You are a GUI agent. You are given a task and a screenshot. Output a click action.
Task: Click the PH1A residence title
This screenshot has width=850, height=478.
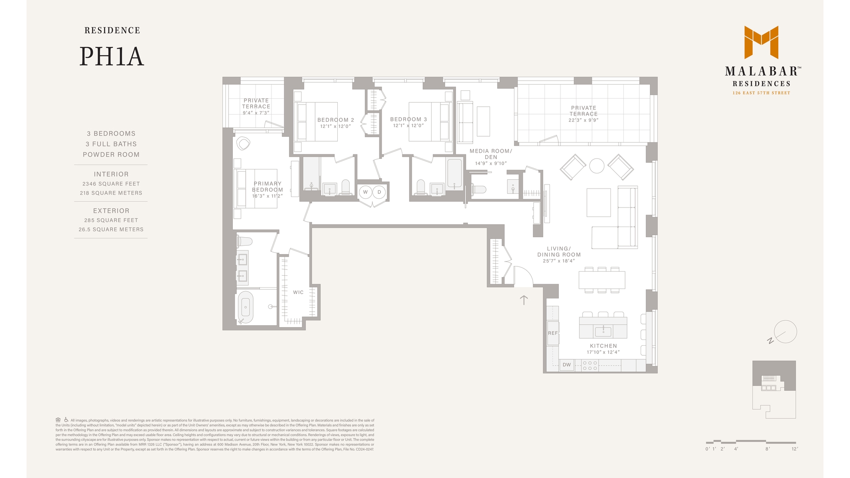coord(112,57)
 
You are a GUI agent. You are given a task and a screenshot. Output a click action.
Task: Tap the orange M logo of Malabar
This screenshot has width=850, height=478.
coord(761,42)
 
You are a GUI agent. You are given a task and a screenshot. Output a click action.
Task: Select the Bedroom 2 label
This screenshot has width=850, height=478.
coord(336,120)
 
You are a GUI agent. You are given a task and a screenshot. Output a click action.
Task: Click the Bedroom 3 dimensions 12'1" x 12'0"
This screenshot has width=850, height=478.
coord(408,126)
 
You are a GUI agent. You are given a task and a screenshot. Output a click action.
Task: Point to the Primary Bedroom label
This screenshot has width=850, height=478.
coord(267,187)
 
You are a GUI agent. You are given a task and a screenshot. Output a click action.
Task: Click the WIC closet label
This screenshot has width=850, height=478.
coord(298,292)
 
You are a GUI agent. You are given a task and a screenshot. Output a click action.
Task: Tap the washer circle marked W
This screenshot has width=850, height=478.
coord(366,192)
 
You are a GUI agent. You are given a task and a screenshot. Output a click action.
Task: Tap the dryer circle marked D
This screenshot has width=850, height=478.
coord(379,192)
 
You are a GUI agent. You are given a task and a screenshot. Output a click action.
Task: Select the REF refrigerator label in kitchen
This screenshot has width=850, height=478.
coord(553,333)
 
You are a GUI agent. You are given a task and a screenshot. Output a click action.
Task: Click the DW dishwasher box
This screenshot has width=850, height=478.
coord(567,365)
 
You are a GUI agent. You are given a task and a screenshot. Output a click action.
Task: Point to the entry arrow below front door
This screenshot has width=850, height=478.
coord(524,301)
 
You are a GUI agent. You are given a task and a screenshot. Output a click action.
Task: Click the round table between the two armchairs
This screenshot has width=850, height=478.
coord(597,166)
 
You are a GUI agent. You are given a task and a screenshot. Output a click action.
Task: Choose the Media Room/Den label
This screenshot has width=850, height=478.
coord(491,154)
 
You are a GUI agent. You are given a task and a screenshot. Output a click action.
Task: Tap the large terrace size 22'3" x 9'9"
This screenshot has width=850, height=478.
coord(583,120)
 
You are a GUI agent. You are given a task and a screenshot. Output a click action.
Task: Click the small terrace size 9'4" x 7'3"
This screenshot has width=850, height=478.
coord(256,113)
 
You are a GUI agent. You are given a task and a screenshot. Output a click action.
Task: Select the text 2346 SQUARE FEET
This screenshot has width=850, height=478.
coord(111,184)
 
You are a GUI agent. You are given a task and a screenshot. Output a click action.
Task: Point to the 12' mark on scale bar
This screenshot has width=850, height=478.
coord(795,449)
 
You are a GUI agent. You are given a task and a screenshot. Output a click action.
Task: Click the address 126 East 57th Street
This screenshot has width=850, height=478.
coord(761,93)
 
